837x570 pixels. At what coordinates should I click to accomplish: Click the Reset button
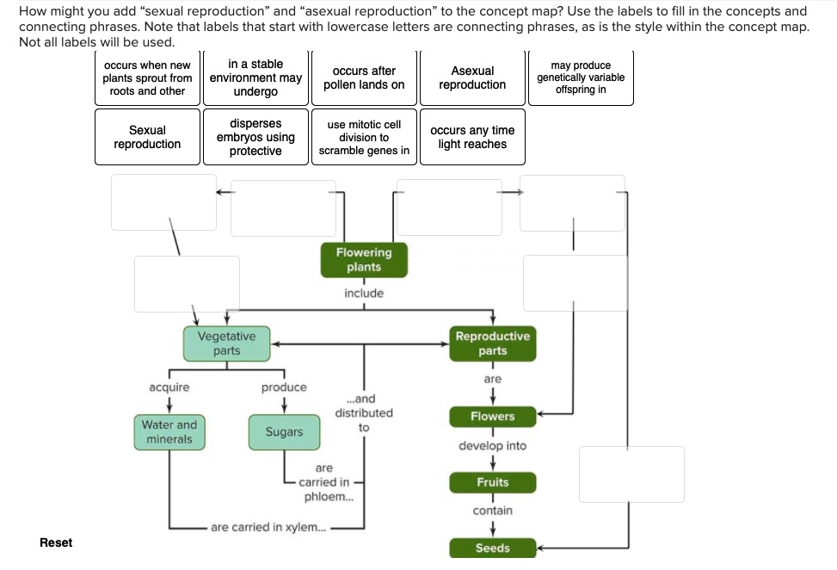[56, 542]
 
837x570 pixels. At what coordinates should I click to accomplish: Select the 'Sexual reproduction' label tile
[147, 137]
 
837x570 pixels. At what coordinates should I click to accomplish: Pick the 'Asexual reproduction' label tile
[472, 77]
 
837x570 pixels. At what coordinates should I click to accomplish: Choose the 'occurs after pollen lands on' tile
[364, 77]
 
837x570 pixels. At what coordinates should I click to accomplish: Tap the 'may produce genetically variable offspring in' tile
[581, 77]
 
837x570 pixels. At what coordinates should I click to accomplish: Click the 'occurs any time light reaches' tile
[472, 137]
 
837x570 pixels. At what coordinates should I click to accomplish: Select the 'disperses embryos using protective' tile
[255, 137]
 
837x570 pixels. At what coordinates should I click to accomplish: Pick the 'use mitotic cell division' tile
[364, 137]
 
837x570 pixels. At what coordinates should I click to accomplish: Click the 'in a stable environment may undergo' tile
[255, 77]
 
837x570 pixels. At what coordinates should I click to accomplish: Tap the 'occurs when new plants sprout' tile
[147, 77]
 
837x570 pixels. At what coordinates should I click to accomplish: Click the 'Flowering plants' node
[364, 260]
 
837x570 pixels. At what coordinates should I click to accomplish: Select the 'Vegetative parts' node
[226, 344]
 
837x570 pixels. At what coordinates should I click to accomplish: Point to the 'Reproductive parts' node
[493, 344]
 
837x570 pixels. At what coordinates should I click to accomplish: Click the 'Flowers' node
[493, 417]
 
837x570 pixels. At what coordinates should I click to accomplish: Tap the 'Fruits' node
[493, 483]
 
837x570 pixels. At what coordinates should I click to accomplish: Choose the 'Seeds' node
[493, 548]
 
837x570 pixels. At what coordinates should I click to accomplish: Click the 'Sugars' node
[284, 432]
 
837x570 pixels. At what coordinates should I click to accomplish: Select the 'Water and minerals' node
[169, 432]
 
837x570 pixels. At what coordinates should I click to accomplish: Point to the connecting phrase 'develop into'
[493, 446]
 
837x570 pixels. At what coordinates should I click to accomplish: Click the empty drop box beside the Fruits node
[631, 474]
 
